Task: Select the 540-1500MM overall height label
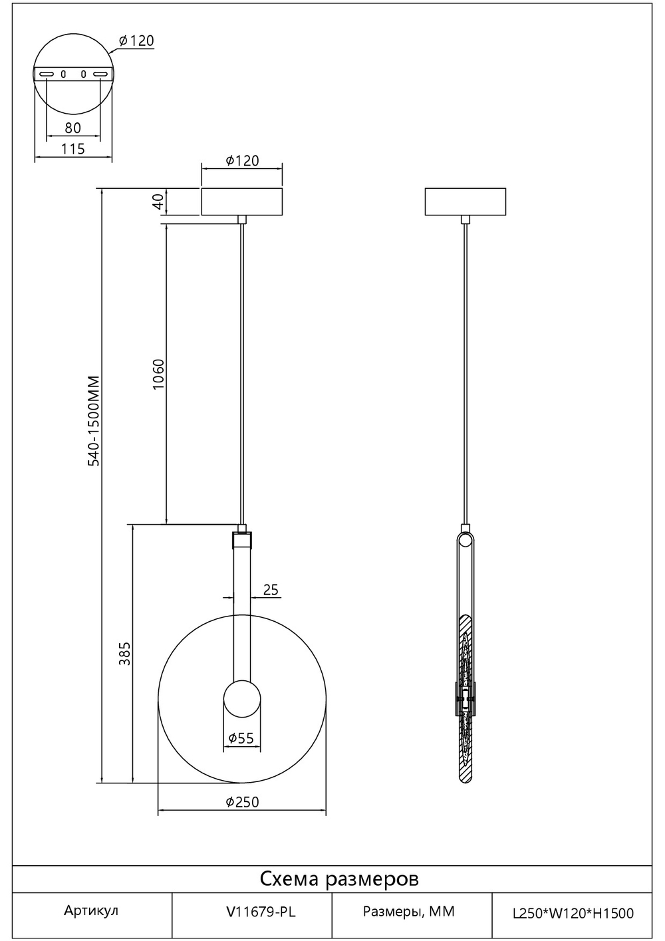(94, 421)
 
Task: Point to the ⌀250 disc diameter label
(242, 802)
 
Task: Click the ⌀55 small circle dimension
(241, 738)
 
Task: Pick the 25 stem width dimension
(271, 589)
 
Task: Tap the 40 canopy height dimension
(158, 202)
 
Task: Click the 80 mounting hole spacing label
(73, 127)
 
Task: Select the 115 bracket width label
(73, 149)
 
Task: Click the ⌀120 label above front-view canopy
(242, 160)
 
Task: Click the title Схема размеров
(339, 879)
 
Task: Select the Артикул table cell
(91, 911)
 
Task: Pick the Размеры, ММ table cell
(409, 912)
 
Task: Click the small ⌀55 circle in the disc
(241, 700)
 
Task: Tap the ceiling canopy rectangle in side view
(465, 202)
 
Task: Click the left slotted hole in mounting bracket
(47, 74)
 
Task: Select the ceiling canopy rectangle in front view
(242, 202)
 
